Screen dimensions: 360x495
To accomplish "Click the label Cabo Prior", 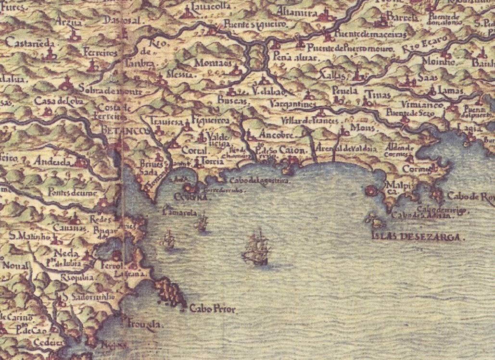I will [x=213, y=310].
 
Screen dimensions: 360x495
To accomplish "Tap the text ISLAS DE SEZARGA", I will [x=419, y=236].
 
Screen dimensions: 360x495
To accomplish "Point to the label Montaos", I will [x=214, y=63].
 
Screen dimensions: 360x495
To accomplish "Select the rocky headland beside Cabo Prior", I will [x=172, y=292].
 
